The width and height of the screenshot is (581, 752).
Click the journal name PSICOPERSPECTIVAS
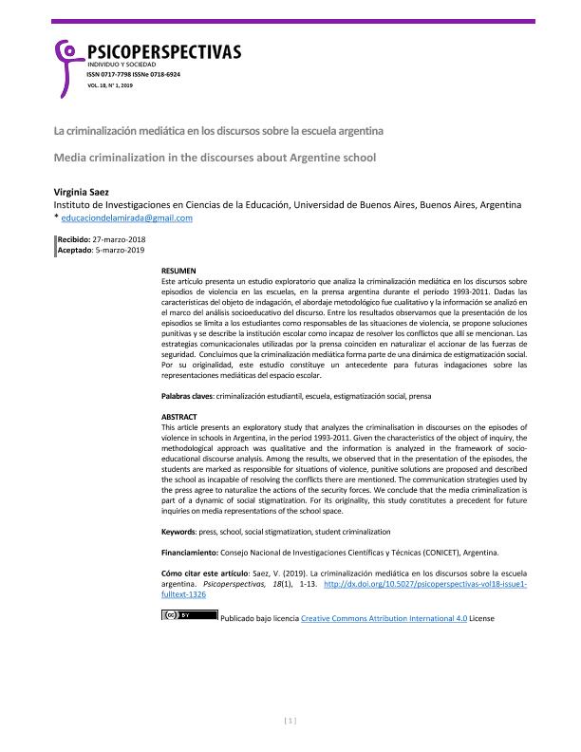[162, 51]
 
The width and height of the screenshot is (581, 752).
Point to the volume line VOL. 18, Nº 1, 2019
[110, 85]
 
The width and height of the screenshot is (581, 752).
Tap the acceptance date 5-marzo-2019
[119, 251]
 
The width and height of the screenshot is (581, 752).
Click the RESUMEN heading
[179, 271]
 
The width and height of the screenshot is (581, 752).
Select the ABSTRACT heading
[179, 417]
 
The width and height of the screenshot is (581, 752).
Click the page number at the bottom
[290, 721]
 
